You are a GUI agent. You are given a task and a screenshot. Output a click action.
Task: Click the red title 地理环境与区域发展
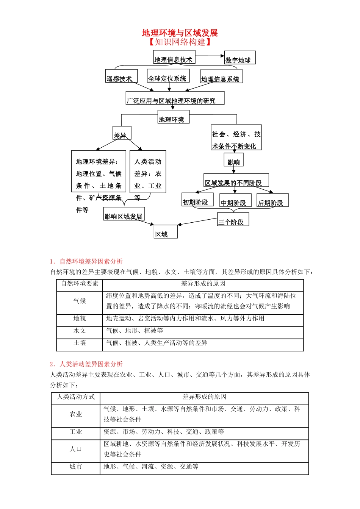point(180,33)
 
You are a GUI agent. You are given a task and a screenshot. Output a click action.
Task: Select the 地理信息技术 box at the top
point(174,57)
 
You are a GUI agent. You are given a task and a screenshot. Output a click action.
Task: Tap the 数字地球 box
point(239,58)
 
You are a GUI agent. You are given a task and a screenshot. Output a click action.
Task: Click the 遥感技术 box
point(121,76)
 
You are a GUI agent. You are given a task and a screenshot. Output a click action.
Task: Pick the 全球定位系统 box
point(168,76)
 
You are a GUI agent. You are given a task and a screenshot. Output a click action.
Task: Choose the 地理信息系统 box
point(221,77)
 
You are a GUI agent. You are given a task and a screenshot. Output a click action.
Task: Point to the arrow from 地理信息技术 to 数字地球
point(210,56)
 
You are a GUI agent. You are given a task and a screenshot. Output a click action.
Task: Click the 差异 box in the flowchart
point(122,133)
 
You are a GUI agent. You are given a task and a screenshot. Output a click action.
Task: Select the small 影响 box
point(233,160)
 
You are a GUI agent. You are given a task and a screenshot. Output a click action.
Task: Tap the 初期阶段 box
point(197,200)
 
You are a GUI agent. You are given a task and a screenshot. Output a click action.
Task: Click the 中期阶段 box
point(235,200)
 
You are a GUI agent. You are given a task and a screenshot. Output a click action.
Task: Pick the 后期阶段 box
point(272,200)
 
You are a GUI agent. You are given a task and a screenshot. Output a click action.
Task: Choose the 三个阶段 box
point(233,220)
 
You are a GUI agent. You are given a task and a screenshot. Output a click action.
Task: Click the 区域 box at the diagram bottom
point(166,232)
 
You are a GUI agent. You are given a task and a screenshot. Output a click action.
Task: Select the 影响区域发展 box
point(124,214)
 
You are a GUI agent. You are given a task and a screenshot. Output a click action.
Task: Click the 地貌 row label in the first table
point(80,319)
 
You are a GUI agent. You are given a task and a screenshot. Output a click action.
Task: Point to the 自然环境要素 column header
point(80,284)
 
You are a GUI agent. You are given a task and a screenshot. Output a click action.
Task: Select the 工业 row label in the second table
point(76,432)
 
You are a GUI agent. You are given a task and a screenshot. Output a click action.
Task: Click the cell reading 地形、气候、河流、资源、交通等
point(151,467)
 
